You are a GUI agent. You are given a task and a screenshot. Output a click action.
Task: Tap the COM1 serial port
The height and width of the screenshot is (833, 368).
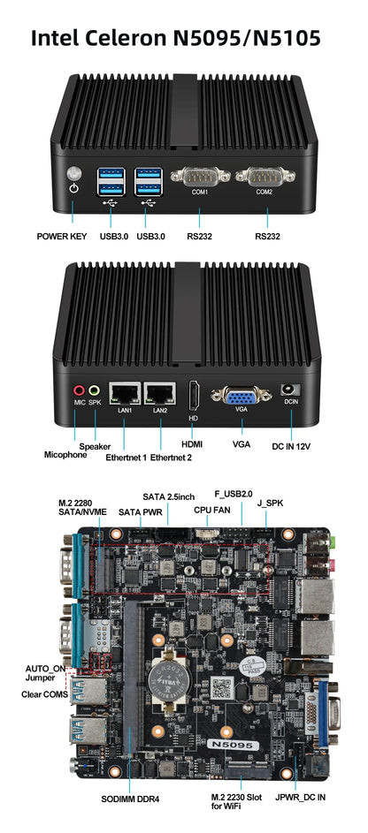(199, 178)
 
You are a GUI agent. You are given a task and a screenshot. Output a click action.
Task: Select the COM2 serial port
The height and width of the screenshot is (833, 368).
(264, 178)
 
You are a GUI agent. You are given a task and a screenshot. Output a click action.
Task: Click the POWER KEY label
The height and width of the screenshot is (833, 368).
(61, 237)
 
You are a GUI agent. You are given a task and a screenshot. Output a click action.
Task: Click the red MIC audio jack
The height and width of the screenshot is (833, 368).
(79, 389)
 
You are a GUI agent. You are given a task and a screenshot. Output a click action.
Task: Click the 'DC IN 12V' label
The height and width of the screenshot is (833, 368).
(291, 445)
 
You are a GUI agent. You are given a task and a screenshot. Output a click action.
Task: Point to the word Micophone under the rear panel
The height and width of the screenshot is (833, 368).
(67, 455)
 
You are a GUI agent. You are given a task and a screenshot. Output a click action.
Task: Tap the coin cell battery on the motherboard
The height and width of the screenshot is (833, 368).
(168, 675)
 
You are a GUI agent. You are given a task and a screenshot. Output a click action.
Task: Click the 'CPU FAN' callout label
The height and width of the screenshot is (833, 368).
(211, 510)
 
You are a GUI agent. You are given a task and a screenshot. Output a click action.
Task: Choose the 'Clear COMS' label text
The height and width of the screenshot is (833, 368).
(43, 694)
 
